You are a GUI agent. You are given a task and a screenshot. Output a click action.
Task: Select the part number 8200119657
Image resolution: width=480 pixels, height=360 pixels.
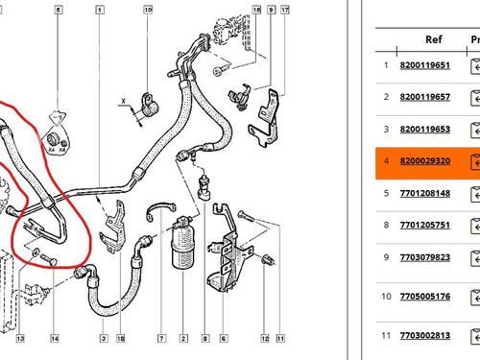point(424,97)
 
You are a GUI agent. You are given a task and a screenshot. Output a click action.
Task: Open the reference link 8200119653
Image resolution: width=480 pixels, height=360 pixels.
point(424,129)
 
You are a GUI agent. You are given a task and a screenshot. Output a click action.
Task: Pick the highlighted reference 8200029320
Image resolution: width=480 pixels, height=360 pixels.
point(424,161)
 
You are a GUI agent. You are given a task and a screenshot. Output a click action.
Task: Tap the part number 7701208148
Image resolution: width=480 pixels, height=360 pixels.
point(424,193)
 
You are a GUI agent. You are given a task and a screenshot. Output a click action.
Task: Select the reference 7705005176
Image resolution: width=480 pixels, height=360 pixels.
point(424,297)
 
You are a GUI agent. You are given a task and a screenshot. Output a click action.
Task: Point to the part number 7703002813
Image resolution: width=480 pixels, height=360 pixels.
point(424,335)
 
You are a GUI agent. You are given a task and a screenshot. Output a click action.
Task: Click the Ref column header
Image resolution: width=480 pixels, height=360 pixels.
point(433,39)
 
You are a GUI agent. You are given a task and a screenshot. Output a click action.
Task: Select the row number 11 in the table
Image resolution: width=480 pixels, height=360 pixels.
point(386,335)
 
